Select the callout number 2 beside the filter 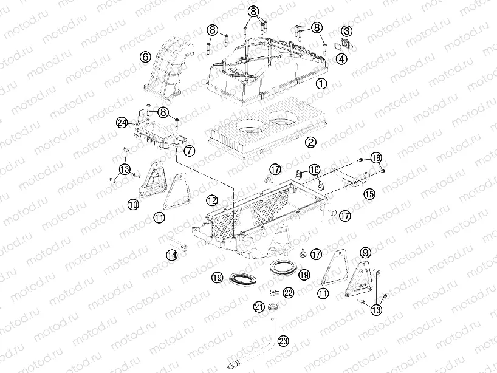[310, 142]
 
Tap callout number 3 [347, 31]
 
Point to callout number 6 [145, 57]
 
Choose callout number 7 [190, 151]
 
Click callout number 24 [122, 122]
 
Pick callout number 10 [134, 204]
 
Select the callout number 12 [212, 200]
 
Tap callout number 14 [172, 255]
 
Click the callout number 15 [369, 194]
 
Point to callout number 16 [315, 170]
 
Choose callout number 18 [376, 158]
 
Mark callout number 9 [366, 253]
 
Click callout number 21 [259, 306]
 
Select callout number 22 [289, 292]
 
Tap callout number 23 [283, 341]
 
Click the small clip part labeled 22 [273, 292]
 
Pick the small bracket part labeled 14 [179, 244]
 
